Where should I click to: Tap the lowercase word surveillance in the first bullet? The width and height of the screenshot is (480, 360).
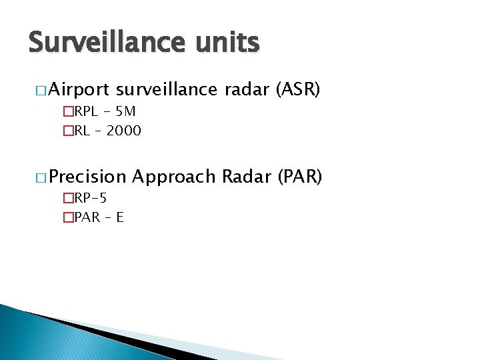[x=167, y=89]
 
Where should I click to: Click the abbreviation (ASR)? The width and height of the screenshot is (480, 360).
[x=298, y=89]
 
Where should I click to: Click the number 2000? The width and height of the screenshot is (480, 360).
[x=124, y=131]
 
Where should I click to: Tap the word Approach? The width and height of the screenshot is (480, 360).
[x=174, y=177]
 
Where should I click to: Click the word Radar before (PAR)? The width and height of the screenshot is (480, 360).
[x=245, y=177]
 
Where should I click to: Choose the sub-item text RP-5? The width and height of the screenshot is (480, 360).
[x=90, y=198]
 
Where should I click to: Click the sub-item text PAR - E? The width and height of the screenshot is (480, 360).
[x=98, y=217]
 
